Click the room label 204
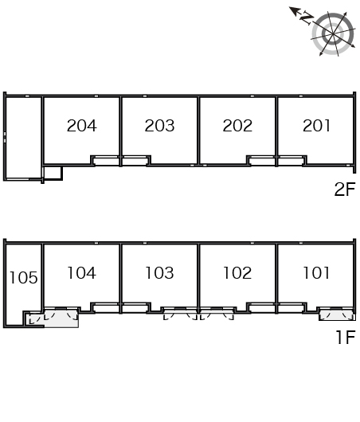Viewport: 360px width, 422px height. (81, 126)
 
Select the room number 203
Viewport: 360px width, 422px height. (159, 126)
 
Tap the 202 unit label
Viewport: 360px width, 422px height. (237, 126)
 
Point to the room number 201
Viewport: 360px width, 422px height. (316, 126)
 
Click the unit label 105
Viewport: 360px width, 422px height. (23, 278)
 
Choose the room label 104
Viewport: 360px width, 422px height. (81, 273)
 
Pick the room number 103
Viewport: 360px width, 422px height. (159, 273)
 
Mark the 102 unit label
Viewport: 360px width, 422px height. (237, 273)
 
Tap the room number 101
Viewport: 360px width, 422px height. (316, 273)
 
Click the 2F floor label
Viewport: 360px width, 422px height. (345, 189)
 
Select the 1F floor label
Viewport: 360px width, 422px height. (346, 338)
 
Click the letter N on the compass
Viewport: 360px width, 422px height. (307, 18)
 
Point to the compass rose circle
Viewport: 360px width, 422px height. (333, 34)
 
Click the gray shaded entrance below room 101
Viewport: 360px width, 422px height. (337, 315)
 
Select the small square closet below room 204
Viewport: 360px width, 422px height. (53, 173)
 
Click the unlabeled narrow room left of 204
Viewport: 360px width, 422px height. (24, 138)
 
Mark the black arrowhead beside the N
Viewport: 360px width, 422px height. (294, 11)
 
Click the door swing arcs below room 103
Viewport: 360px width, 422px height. (181, 314)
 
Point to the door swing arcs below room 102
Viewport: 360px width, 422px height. (217, 314)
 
